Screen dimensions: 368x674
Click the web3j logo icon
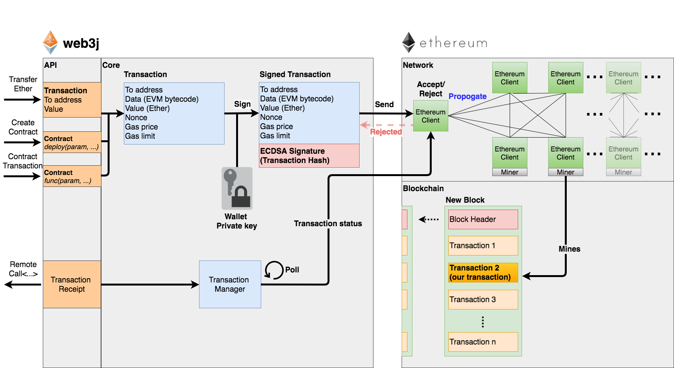pyautogui.click(x=50, y=42)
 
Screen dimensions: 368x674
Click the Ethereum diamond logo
pyautogui.click(x=409, y=42)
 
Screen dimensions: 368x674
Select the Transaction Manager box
pyautogui.click(x=230, y=284)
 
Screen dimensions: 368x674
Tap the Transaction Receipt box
pyautogui.click(x=72, y=284)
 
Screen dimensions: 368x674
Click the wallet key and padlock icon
pyautogui.click(x=237, y=188)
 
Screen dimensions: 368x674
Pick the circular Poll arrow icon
pyautogui.click(x=274, y=270)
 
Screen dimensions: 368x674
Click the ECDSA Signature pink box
pyautogui.click(x=309, y=156)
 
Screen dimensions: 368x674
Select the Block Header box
pyautogui.click(x=483, y=219)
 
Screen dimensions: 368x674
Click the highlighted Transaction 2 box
pyautogui.click(x=483, y=272)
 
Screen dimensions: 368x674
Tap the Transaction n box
pyautogui.click(x=483, y=342)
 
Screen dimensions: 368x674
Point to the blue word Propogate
pyautogui.click(x=467, y=96)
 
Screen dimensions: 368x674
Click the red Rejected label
pyautogui.click(x=386, y=132)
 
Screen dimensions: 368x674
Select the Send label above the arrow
pyautogui.click(x=384, y=104)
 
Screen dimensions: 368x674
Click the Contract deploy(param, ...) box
pyautogui.click(x=72, y=143)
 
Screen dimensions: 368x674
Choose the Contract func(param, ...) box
pyautogui.click(x=72, y=176)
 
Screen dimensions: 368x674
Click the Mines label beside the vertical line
pyautogui.click(x=569, y=249)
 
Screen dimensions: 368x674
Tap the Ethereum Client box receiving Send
pyautogui.click(x=431, y=116)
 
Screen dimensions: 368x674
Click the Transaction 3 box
pyautogui.click(x=483, y=299)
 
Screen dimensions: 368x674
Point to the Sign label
pyautogui.click(x=242, y=104)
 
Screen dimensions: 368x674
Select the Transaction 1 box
pyautogui.click(x=483, y=245)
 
